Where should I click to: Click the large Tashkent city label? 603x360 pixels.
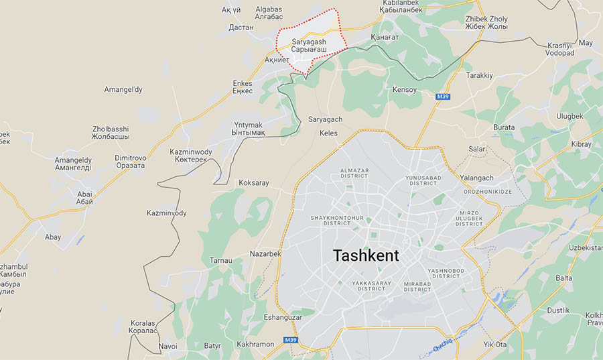pyautogui.click(x=366, y=255)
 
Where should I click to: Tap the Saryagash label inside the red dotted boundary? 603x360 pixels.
pyautogui.click(x=309, y=46)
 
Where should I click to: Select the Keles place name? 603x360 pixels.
pyautogui.click(x=328, y=133)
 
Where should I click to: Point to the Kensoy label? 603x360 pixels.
pyautogui.click(x=405, y=90)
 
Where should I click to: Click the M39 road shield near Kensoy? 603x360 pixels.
pyautogui.click(x=443, y=97)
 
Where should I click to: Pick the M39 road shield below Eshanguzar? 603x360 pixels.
pyautogui.click(x=290, y=340)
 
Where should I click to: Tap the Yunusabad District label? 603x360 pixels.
pyautogui.click(x=421, y=181)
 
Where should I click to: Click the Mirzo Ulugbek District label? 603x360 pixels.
pyautogui.click(x=469, y=218)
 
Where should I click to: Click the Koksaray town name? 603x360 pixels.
pyautogui.click(x=253, y=182)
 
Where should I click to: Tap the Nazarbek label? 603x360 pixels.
pyautogui.click(x=265, y=254)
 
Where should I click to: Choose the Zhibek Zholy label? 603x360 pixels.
pyautogui.click(x=486, y=23)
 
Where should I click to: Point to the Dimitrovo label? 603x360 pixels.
pyautogui.click(x=129, y=161)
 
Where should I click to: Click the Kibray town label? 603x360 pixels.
pyautogui.click(x=582, y=144)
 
